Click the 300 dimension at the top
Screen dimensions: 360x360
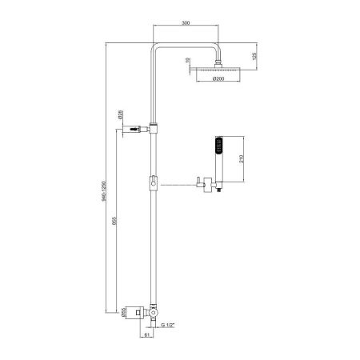185,24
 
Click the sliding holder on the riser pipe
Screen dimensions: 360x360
153,186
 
